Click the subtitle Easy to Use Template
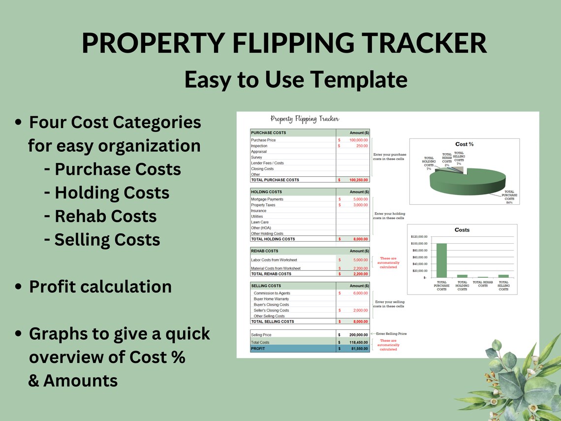click(296, 79)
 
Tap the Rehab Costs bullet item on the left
click(105, 216)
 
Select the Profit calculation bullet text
click(100, 287)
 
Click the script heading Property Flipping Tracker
click(305, 119)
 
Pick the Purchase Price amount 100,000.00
click(358, 140)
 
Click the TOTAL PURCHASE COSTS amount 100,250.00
click(358, 180)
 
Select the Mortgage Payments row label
click(267, 199)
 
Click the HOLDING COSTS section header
click(267, 192)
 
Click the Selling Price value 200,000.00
click(357, 335)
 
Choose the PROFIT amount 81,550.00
click(358, 349)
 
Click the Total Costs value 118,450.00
click(357, 342)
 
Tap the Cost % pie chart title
click(464, 144)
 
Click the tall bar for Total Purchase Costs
click(441, 260)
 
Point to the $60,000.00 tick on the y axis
click(419, 257)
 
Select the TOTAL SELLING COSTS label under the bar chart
click(503, 286)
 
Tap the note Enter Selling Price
click(391, 334)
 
